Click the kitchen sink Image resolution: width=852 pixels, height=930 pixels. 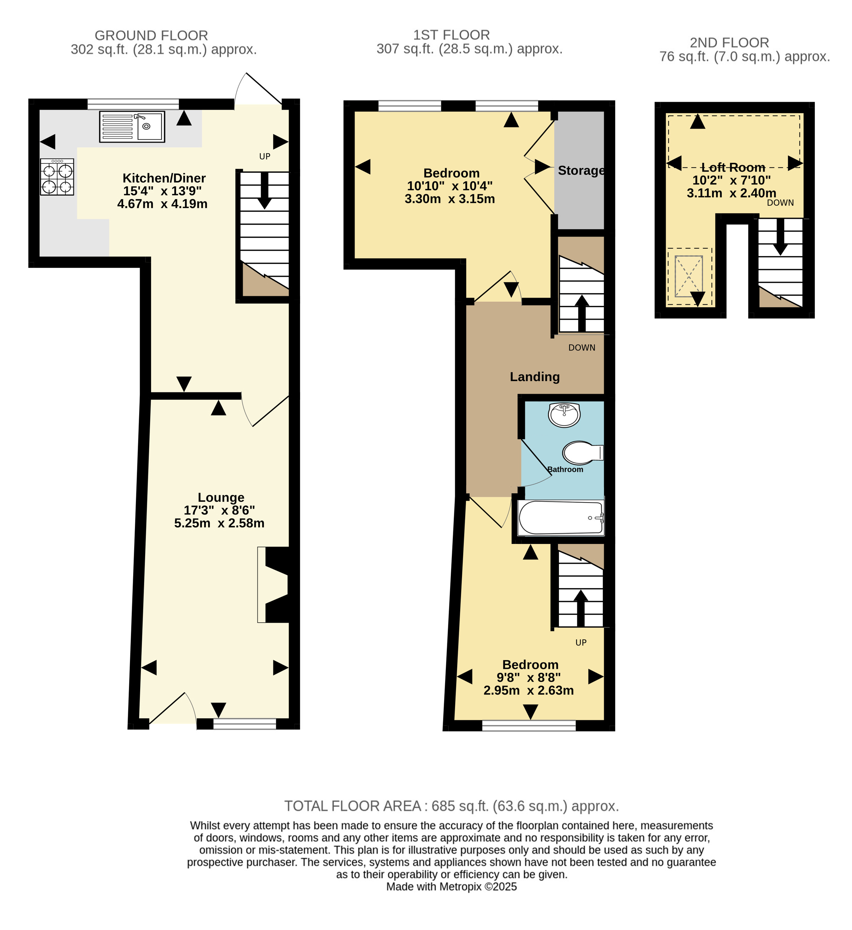pyautogui.click(x=132, y=126)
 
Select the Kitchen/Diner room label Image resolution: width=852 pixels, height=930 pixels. pyautogui.click(x=164, y=178)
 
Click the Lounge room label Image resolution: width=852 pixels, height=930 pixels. pyautogui.click(x=221, y=497)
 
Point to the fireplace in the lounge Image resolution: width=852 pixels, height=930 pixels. pyautogui.click(x=275, y=585)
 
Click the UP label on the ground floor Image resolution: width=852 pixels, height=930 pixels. pyautogui.click(x=265, y=156)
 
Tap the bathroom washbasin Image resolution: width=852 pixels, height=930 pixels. pyautogui.click(x=564, y=415)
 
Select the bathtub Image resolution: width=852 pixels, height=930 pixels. pyautogui.click(x=561, y=518)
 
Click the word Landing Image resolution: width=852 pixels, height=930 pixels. pyautogui.click(x=535, y=377)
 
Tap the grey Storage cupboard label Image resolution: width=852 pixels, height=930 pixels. pyautogui.click(x=581, y=171)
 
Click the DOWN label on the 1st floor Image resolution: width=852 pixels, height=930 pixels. pyautogui.click(x=582, y=348)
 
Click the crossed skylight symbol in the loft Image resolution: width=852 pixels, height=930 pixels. pyautogui.click(x=689, y=276)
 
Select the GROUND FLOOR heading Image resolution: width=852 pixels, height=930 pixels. pyautogui.click(x=151, y=36)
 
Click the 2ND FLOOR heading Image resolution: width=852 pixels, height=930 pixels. pyautogui.click(x=729, y=43)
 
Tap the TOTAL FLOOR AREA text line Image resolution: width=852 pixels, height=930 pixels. pyautogui.click(x=451, y=806)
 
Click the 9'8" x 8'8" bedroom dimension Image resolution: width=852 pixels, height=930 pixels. pyautogui.click(x=529, y=678)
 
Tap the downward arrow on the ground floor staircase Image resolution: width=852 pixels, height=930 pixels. pyautogui.click(x=264, y=191)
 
